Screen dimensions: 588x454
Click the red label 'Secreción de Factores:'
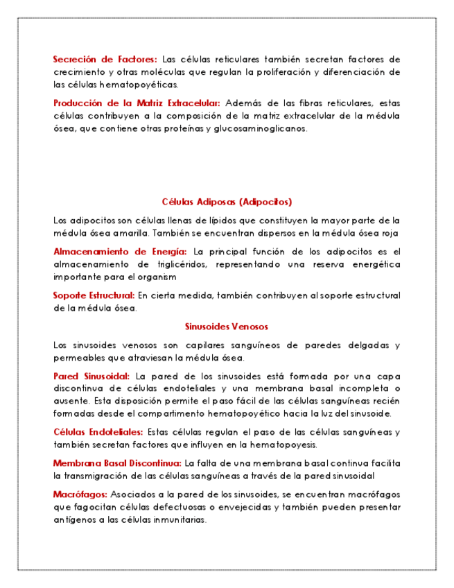point(105,59)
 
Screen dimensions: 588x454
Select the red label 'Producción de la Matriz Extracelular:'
point(137,103)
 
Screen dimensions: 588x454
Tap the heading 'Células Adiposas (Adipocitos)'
point(227,202)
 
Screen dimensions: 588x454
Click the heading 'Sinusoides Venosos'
point(227,327)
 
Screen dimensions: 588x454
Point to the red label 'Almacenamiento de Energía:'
point(120,251)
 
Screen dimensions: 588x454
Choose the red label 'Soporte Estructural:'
point(94,295)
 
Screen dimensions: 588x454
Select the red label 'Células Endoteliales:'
point(98,432)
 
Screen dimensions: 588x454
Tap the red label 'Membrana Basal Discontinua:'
point(117,462)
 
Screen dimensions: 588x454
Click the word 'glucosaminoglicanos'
point(261,128)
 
